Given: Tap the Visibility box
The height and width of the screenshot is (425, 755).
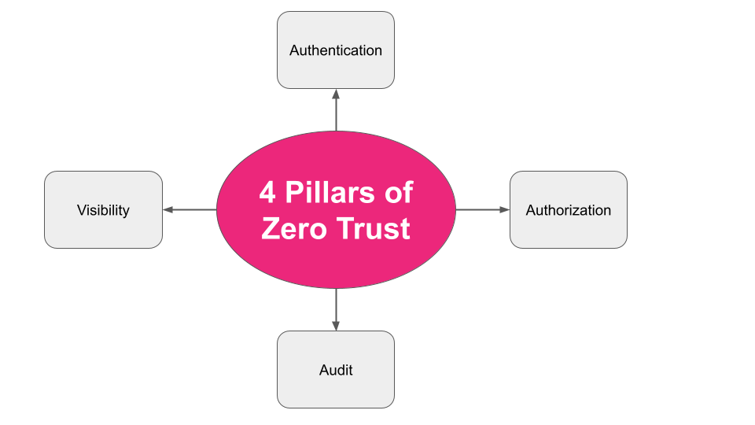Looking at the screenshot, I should click(x=103, y=231).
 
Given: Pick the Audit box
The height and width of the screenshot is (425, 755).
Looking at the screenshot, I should click(x=336, y=390).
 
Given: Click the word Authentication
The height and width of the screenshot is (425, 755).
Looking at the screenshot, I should click(x=336, y=50).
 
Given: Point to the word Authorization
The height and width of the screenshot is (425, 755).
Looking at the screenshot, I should click(x=569, y=210).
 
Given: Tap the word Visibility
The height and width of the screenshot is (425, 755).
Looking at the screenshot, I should click(x=103, y=210).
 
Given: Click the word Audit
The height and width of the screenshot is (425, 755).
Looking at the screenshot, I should click(x=336, y=370).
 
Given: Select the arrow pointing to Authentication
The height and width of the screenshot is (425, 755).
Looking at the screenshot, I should click(x=336, y=110).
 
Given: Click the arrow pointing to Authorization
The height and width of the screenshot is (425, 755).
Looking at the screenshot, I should click(x=481, y=210).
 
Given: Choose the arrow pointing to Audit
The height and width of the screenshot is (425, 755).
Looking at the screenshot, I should click(x=336, y=309).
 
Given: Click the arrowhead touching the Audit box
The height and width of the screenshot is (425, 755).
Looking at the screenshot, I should click(x=336, y=325).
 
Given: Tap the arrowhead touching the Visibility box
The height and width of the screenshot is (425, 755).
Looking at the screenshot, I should click(x=168, y=210).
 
